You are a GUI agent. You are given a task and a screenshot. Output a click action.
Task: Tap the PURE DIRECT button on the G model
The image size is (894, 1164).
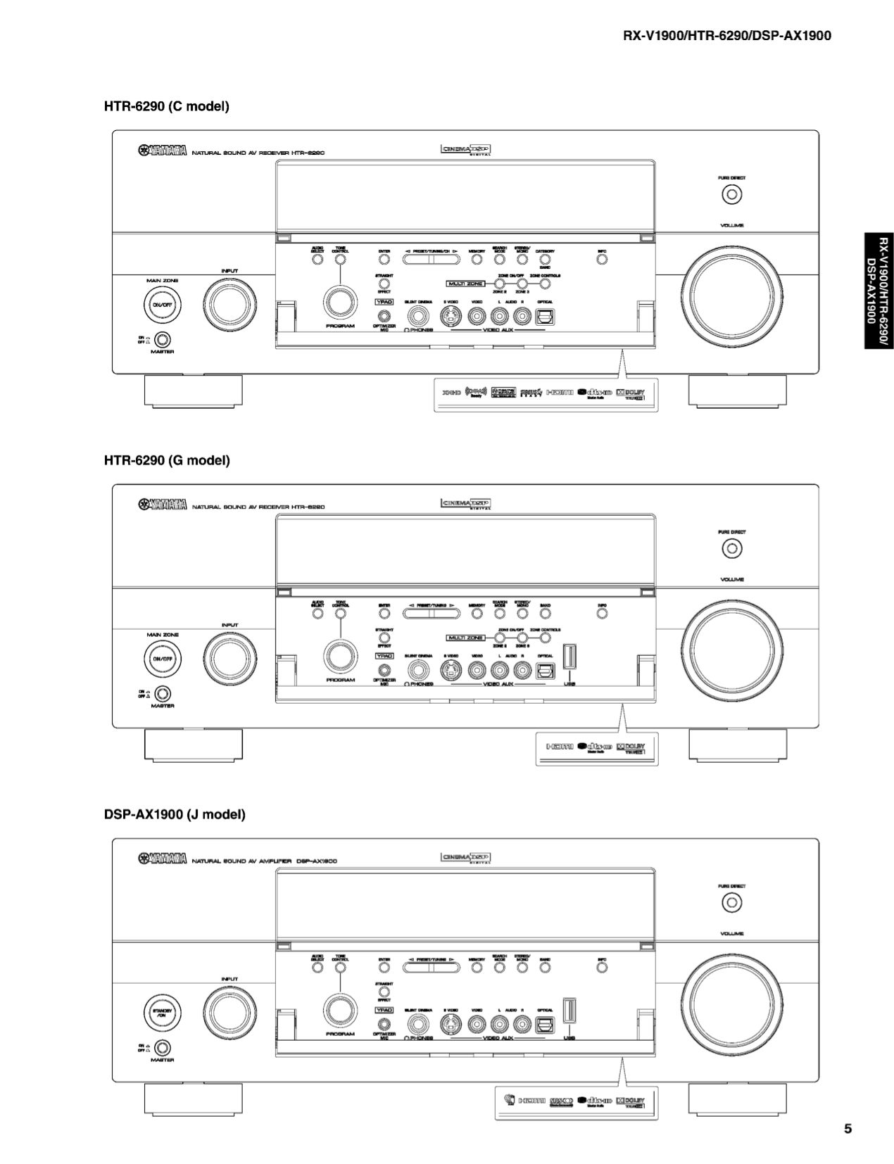tap(732, 548)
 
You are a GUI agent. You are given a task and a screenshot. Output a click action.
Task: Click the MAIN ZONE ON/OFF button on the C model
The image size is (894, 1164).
tap(162, 305)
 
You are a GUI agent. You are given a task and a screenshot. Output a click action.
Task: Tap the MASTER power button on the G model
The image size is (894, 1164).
tap(163, 694)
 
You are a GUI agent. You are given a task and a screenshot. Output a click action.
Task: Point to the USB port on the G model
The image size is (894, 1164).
tap(569, 658)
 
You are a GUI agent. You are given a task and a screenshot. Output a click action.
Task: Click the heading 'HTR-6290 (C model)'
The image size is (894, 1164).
tap(167, 107)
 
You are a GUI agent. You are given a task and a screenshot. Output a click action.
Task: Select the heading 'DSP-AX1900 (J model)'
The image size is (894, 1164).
tap(175, 814)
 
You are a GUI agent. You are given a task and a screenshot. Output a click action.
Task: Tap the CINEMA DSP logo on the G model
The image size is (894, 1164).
tap(465, 504)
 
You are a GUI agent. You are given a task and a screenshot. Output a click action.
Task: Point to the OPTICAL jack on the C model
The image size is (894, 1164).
tap(545, 317)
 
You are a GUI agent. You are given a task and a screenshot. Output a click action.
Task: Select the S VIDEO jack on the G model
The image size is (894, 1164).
tap(451, 671)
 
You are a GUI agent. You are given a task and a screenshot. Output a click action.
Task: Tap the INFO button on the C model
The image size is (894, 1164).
tap(602, 260)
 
